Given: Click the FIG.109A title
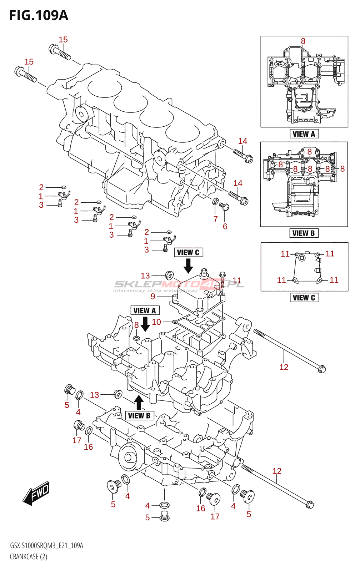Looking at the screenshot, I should tap(39, 15).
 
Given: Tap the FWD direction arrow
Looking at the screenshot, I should tap(36, 493).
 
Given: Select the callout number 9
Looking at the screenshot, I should tap(153, 296).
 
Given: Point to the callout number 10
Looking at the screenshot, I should tap(156, 322).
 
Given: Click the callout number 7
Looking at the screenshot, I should tap(216, 219).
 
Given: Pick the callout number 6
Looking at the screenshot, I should tap(225, 226).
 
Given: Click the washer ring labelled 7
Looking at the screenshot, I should tap(216, 202).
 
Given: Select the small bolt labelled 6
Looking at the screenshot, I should tap(224, 206).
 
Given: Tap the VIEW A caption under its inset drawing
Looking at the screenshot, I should tap(304, 134).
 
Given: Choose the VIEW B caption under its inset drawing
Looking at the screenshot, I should tap(304, 233).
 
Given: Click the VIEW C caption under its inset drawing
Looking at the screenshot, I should tap(304, 297).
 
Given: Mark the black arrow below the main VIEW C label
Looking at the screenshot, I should tap(188, 266).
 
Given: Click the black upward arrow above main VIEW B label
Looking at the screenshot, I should tap(139, 402).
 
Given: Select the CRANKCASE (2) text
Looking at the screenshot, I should tap(29, 557).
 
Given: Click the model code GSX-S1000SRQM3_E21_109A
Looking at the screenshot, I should tap(46, 546).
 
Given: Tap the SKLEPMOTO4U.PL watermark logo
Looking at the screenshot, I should tap(179, 284).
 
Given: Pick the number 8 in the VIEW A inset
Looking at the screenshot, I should tap(303, 41).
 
